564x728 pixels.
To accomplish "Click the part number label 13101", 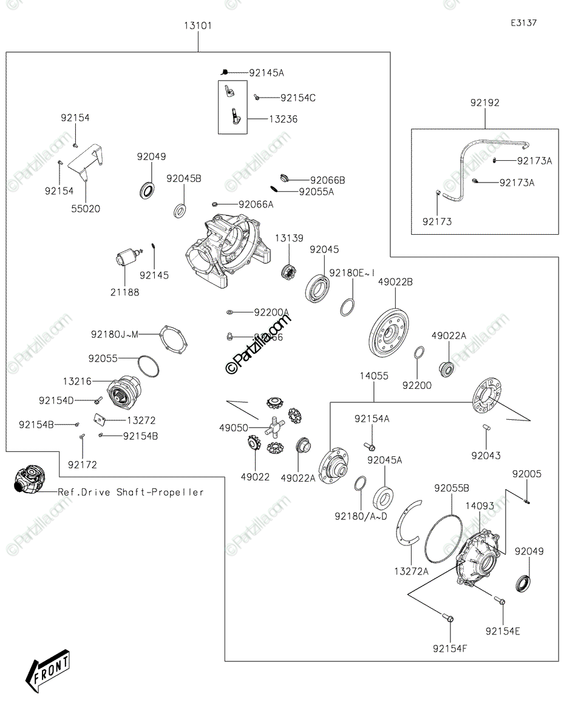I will coord(198,25).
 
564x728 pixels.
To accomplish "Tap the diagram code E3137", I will coord(523,22).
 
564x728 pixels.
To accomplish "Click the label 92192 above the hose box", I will coord(484,103).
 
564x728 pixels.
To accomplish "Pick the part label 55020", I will coord(86,209).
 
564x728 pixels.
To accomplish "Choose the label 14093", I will coord(480,505).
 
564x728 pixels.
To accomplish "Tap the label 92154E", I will coord(503,632).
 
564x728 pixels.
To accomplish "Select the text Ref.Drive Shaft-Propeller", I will coord(131,492).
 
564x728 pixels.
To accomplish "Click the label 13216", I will coord(77,381).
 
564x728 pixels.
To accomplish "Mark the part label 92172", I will coord(82,465).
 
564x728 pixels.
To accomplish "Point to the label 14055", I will coord(373,376).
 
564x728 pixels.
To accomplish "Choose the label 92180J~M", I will coord(115,334).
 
